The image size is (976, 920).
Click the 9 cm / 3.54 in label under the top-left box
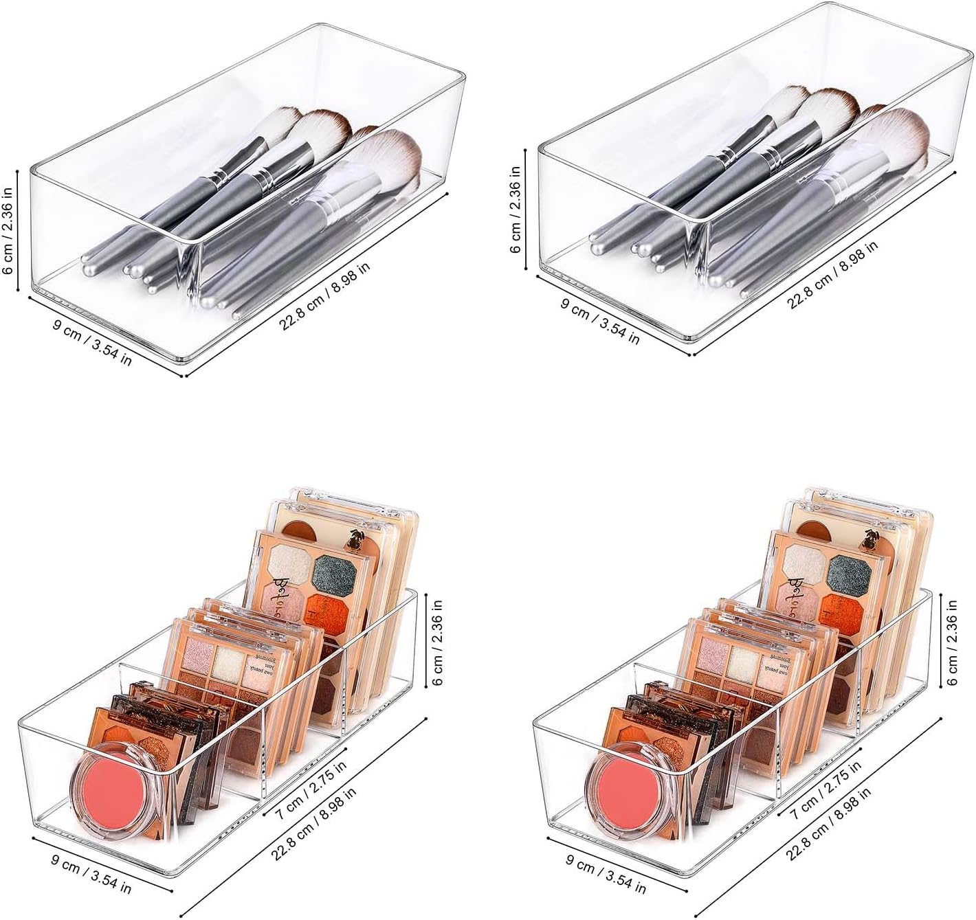(92, 342)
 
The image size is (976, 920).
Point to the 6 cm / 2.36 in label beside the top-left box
(9, 223)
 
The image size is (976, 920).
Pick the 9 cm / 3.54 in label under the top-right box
(600, 322)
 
